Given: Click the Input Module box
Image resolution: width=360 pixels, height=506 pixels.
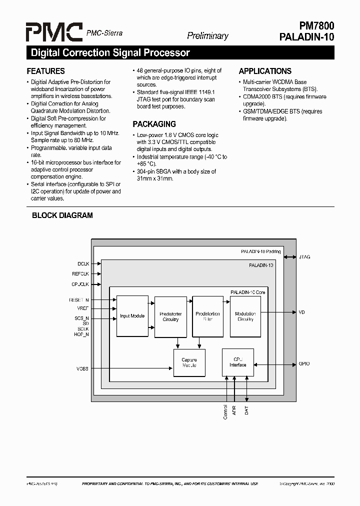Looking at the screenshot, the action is click(x=132, y=316).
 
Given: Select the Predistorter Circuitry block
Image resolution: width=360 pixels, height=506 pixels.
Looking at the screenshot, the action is click(x=170, y=316).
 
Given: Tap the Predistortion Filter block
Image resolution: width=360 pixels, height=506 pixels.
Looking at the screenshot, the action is click(x=207, y=316).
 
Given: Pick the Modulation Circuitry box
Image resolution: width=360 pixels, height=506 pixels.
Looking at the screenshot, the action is click(x=245, y=316).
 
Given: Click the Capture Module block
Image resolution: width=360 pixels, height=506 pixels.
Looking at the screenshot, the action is click(x=189, y=362).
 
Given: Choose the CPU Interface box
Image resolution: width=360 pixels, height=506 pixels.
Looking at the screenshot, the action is click(x=237, y=362).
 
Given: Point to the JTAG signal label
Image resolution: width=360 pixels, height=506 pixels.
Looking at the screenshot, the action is click(x=304, y=257).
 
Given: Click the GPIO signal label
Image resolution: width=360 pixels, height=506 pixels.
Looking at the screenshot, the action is click(x=304, y=364).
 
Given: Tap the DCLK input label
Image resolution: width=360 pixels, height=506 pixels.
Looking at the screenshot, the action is click(x=83, y=263).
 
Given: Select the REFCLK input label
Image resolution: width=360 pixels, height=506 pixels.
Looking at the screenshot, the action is click(x=80, y=274).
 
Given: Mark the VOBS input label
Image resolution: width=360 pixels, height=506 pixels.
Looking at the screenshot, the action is click(x=82, y=369).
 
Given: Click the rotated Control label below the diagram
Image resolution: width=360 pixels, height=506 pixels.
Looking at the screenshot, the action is click(x=225, y=412).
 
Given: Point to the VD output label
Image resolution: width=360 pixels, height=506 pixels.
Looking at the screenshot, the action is click(x=301, y=312).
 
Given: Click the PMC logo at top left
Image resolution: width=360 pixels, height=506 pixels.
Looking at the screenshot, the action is click(x=54, y=33).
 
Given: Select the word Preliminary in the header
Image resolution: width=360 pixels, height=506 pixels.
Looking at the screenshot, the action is click(x=207, y=35).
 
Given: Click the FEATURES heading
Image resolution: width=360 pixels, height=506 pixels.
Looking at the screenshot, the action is click(x=45, y=71).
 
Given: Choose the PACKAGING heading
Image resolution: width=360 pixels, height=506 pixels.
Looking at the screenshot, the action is click(x=154, y=124).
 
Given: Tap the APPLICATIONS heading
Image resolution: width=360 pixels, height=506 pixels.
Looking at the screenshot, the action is click(x=265, y=71).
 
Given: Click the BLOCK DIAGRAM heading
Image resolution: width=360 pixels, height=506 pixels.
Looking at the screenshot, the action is click(x=62, y=215).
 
